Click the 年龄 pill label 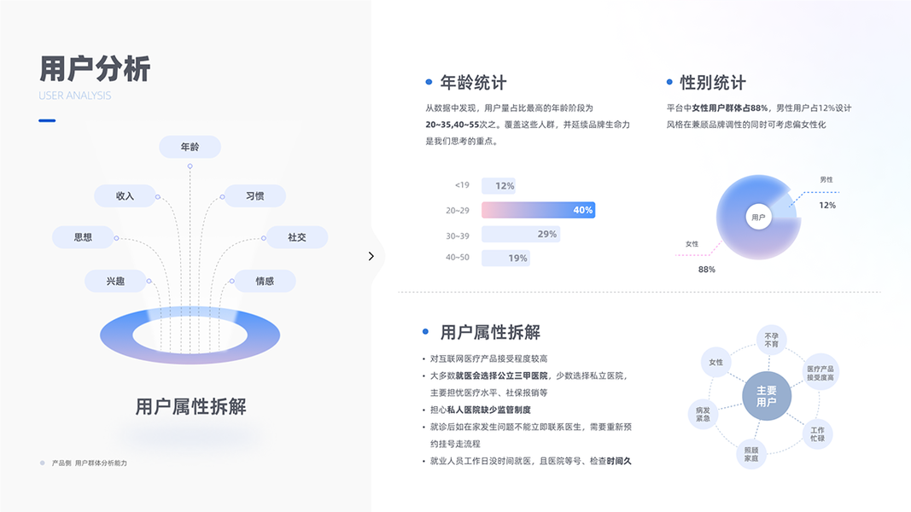(x=190, y=147)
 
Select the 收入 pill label (x=126, y=196)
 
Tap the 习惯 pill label (x=254, y=196)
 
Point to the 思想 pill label (x=83, y=237)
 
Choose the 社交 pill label (x=296, y=237)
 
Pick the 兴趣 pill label (x=115, y=281)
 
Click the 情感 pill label (x=265, y=281)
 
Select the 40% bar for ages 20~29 (x=538, y=210)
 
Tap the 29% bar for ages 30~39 (x=521, y=234)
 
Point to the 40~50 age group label (x=457, y=258)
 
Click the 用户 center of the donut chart (x=758, y=218)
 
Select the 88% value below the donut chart (x=707, y=270)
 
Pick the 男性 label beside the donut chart (x=826, y=180)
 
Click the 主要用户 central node (x=767, y=396)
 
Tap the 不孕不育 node (x=772, y=339)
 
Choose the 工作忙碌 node (x=817, y=433)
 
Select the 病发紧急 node (x=703, y=414)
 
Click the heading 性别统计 (x=712, y=83)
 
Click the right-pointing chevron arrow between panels (x=371, y=256)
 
